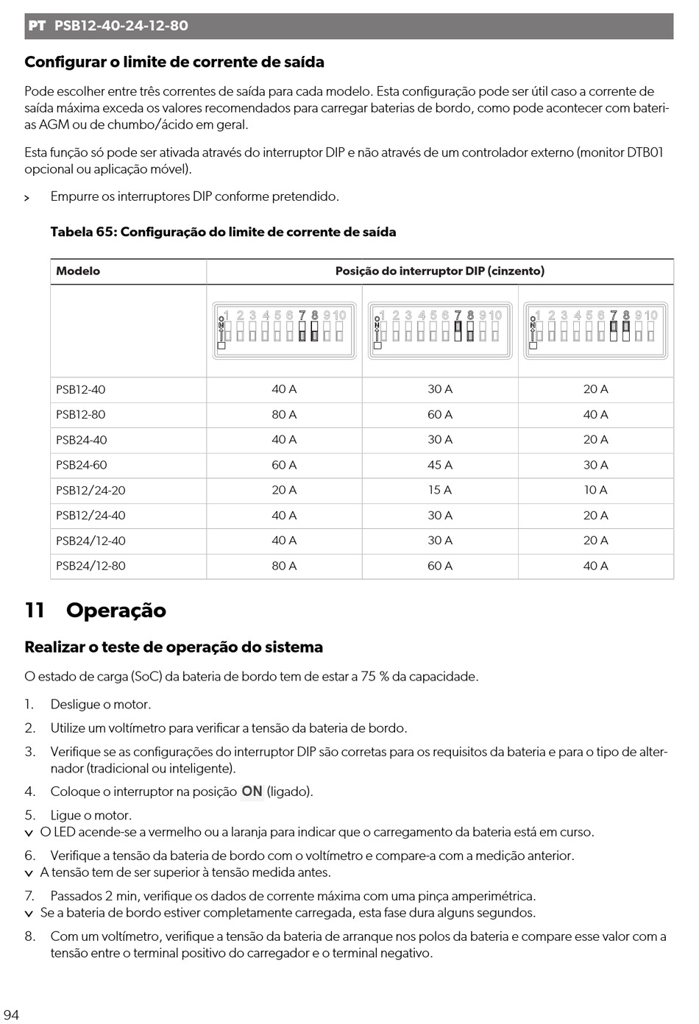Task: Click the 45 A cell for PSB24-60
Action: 440,465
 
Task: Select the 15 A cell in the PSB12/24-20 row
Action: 440,490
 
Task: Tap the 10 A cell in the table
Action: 595,490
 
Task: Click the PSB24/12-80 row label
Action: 91,566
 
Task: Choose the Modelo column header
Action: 78,271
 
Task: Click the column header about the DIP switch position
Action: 440,271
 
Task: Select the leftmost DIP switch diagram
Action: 284,330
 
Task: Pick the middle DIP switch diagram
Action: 440,330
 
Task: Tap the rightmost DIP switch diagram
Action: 596,330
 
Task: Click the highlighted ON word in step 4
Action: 252,792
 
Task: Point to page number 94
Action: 11,1014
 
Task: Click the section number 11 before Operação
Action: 35,611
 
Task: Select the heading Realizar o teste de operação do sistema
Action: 174,647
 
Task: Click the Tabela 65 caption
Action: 223,232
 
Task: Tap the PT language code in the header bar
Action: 37,26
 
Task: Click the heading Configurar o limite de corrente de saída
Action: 174,63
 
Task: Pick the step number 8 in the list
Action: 29,936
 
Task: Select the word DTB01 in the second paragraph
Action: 645,152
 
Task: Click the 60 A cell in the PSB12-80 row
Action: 440,414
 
